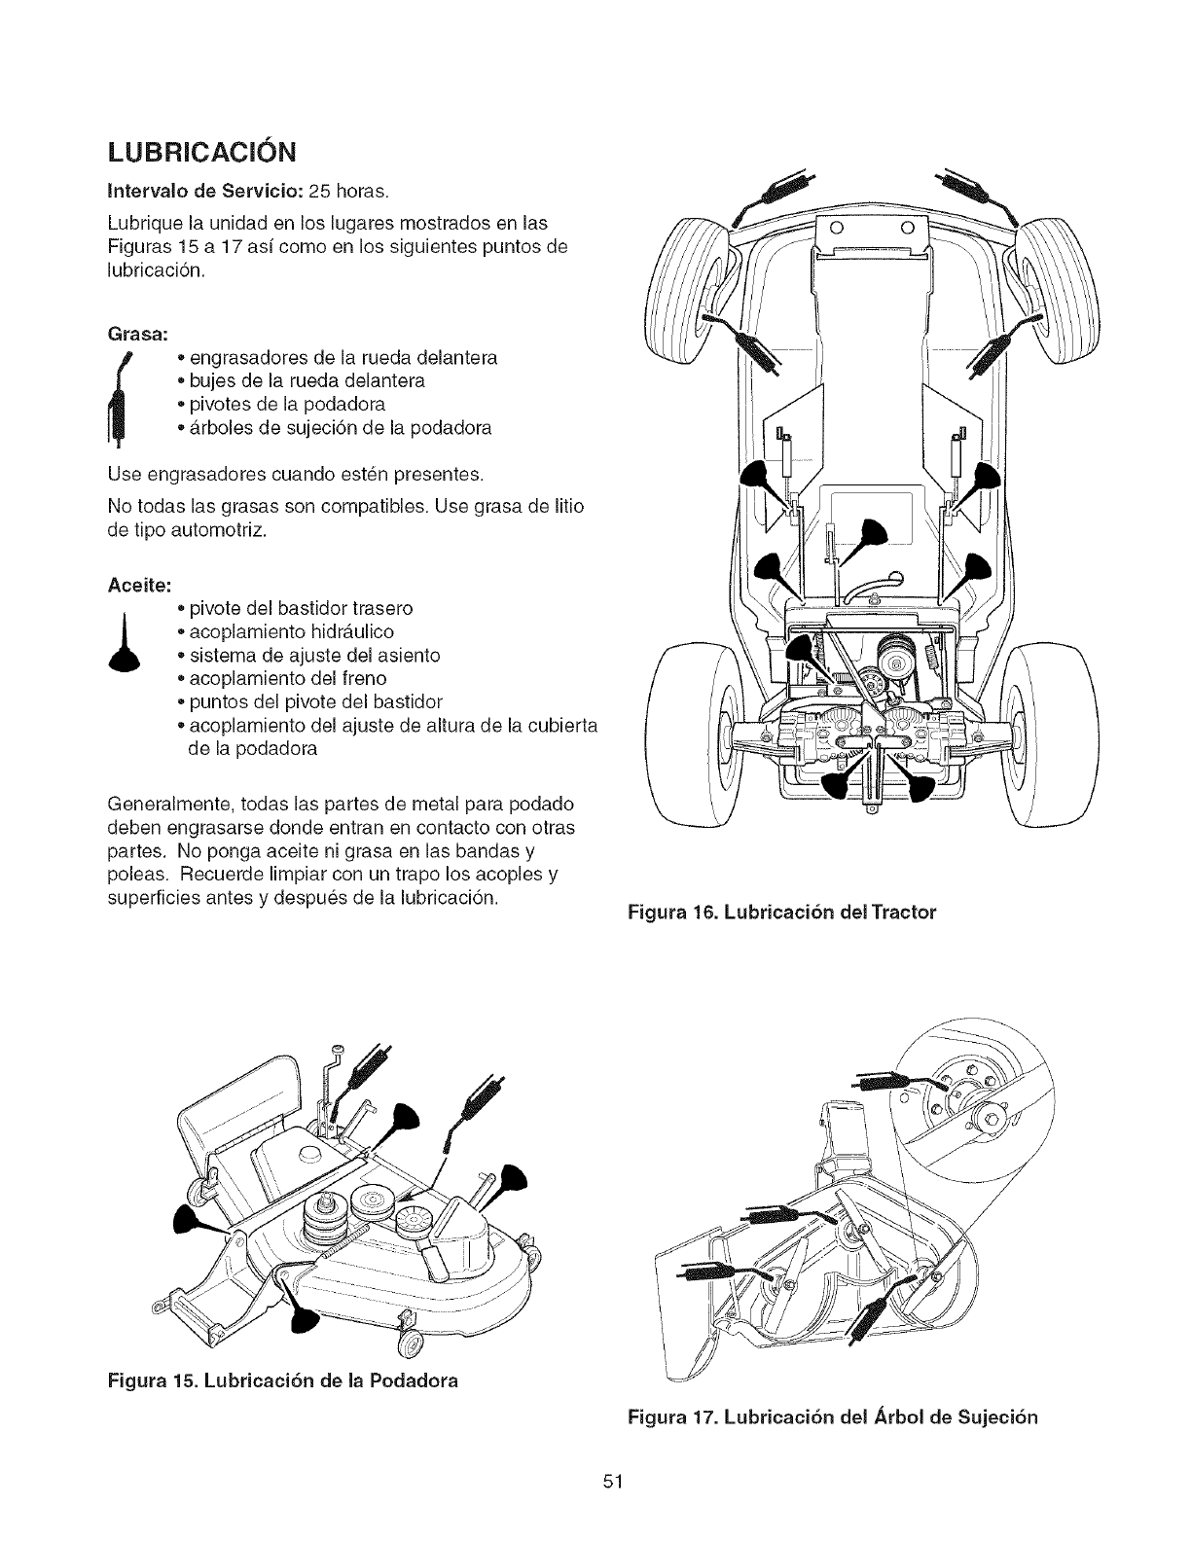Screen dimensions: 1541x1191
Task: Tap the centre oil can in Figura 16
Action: point(869,536)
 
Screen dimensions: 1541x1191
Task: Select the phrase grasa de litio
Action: point(535,507)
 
